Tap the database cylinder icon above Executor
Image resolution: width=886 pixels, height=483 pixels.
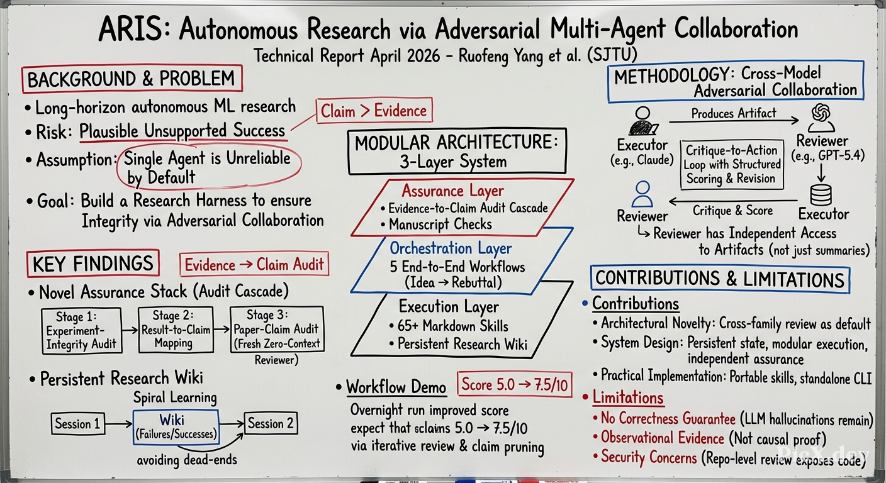point(821,195)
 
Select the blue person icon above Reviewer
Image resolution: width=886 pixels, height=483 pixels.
point(642,194)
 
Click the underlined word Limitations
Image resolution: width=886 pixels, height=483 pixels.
point(628,397)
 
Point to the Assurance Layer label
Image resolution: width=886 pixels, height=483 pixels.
point(453,191)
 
